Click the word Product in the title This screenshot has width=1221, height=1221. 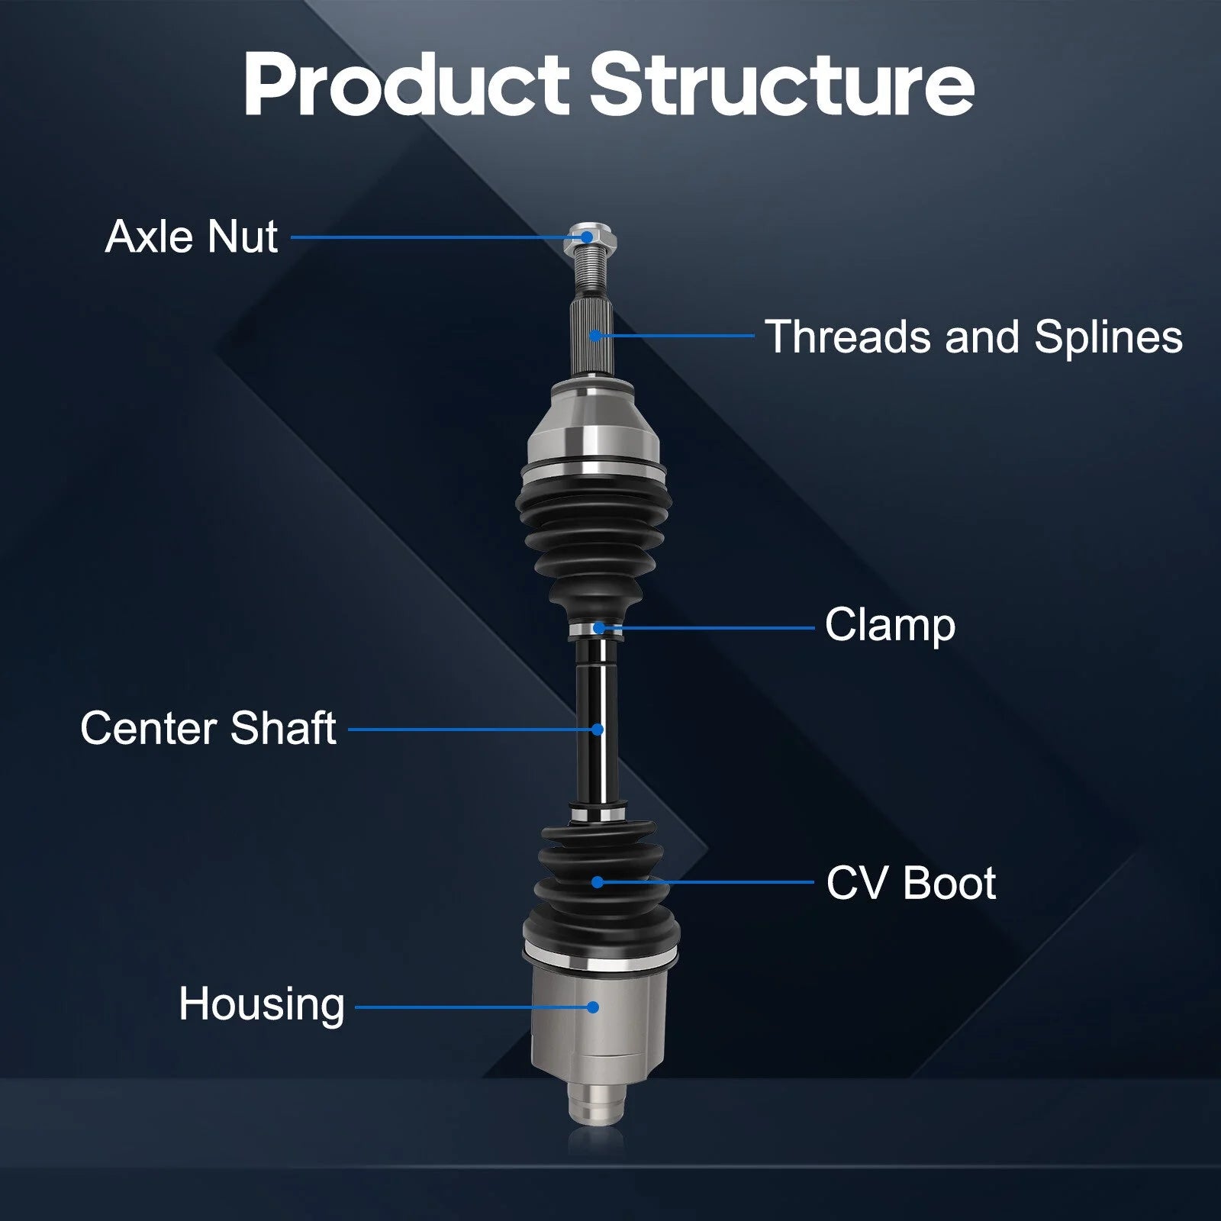(406, 84)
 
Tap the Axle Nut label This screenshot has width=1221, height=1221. (192, 236)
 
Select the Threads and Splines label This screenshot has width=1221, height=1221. (974, 337)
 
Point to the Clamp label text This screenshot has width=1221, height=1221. (890, 626)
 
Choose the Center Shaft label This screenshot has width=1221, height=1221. (208, 727)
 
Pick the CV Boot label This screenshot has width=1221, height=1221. (911, 883)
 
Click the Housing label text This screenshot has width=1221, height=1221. (262, 1004)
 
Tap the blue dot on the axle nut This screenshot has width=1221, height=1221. (586, 237)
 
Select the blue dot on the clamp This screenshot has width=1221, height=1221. (599, 628)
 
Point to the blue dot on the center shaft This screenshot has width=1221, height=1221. (598, 730)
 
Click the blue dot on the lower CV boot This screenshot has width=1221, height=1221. (598, 882)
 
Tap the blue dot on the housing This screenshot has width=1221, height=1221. (593, 1007)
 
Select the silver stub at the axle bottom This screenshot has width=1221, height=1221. (596, 1102)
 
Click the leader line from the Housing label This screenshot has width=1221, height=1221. (473, 1007)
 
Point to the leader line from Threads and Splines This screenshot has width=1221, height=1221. (674, 335)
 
